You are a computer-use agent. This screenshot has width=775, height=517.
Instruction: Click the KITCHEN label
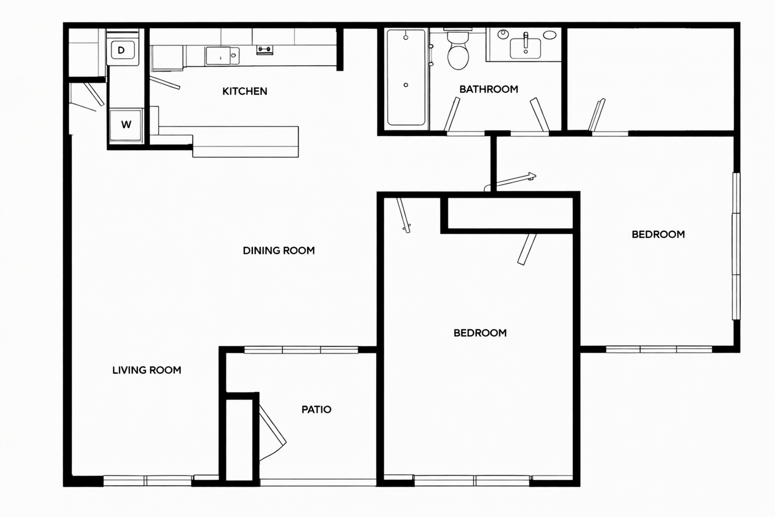click(x=245, y=91)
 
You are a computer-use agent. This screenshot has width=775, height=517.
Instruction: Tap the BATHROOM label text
click(x=488, y=89)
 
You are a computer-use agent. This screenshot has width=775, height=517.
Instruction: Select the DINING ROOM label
click(x=279, y=250)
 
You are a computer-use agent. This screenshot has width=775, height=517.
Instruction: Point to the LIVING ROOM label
click(x=147, y=370)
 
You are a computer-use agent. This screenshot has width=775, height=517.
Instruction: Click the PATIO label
click(x=316, y=409)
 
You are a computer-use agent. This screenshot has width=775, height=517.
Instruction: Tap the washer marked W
click(x=126, y=125)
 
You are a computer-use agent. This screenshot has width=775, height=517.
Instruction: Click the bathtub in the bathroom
click(x=406, y=77)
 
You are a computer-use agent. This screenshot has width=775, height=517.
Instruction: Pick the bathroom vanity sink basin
click(x=526, y=48)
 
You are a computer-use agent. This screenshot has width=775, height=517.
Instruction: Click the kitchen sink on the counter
click(x=222, y=56)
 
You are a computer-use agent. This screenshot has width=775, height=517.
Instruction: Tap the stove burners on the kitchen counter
click(x=265, y=50)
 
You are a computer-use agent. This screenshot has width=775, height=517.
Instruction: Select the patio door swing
click(x=272, y=433)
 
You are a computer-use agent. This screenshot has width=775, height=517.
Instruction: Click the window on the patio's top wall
click(x=301, y=350)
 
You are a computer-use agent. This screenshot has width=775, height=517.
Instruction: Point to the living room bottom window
click(x=148, y=481)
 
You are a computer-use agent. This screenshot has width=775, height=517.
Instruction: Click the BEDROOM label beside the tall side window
click(x=658, y=234)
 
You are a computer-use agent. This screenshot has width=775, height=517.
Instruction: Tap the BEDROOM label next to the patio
click(x=480, y=333)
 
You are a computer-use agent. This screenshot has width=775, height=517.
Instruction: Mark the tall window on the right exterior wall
click(x=736, y=246)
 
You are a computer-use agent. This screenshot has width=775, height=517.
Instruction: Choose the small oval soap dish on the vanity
click(x=550, y=35)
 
